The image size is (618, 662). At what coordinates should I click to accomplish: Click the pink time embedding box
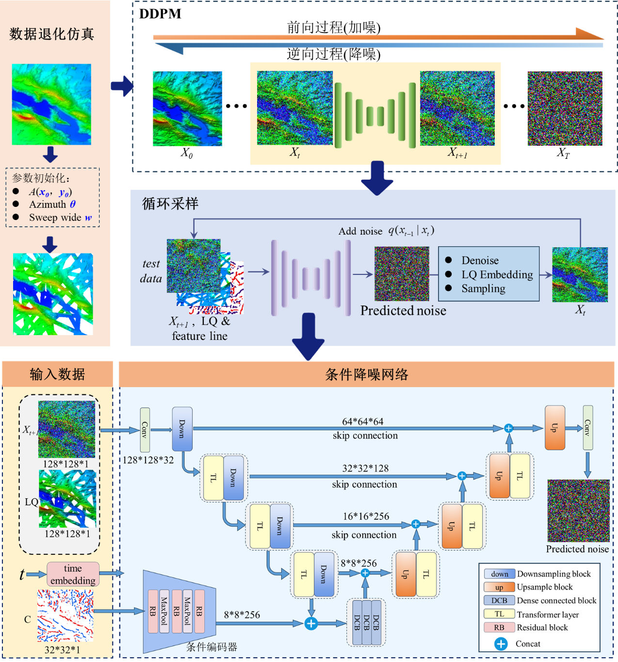tap(73, 574)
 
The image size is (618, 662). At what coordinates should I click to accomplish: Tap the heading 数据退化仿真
tap(51, 34)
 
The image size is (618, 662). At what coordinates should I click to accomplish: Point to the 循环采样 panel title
tap(170, 204)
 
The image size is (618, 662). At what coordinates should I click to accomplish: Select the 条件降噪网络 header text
tap(367, 374)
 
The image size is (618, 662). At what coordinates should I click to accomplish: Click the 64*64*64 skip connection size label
tap(362, 421)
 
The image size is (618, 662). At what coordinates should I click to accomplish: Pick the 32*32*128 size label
tap(365, 468)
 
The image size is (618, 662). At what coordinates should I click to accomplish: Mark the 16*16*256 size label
tap(366, 516)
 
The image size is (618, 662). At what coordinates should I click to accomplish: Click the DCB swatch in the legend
tap(499, 600)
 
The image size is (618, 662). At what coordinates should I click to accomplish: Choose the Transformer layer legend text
tap(548, 614)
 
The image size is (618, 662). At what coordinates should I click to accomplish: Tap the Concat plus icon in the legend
tap(501, 644)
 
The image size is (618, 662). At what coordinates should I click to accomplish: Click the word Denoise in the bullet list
tap(480, 260)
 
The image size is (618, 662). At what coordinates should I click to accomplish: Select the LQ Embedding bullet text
tap(497, 274)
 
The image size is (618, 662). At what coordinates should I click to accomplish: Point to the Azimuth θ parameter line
tap(52, 204)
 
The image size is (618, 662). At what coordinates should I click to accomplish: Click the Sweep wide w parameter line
tap(60, 218)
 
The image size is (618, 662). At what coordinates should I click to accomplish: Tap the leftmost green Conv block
tap(145, 430)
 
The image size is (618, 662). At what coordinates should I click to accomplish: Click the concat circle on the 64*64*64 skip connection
tap(508, 428)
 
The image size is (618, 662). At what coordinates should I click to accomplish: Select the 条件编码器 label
tap(211, 647)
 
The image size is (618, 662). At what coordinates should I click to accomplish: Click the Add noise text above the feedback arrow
tap(360, 231)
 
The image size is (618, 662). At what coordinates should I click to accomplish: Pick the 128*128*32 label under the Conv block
tap(148, 460)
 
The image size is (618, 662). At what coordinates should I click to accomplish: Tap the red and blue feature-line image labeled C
tap(65, 615)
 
